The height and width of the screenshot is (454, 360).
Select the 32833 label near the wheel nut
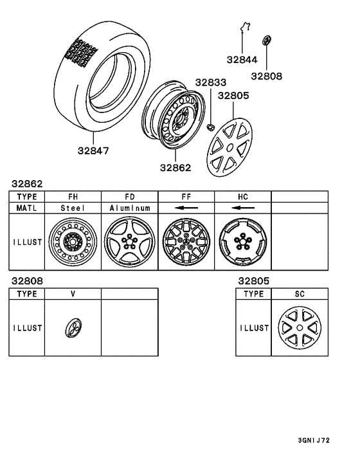click(x=211, y=83)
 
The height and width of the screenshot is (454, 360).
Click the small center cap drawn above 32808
click(x=265, y=41)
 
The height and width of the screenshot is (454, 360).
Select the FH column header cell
click(x=73, y=196)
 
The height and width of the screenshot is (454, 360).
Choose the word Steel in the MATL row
click(x=73, y=208)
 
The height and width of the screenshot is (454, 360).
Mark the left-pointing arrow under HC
click(x=242, y=208)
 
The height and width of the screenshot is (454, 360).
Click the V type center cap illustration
click(x=73, y=328)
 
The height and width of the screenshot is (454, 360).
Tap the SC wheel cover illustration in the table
click(x=301, y=328)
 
